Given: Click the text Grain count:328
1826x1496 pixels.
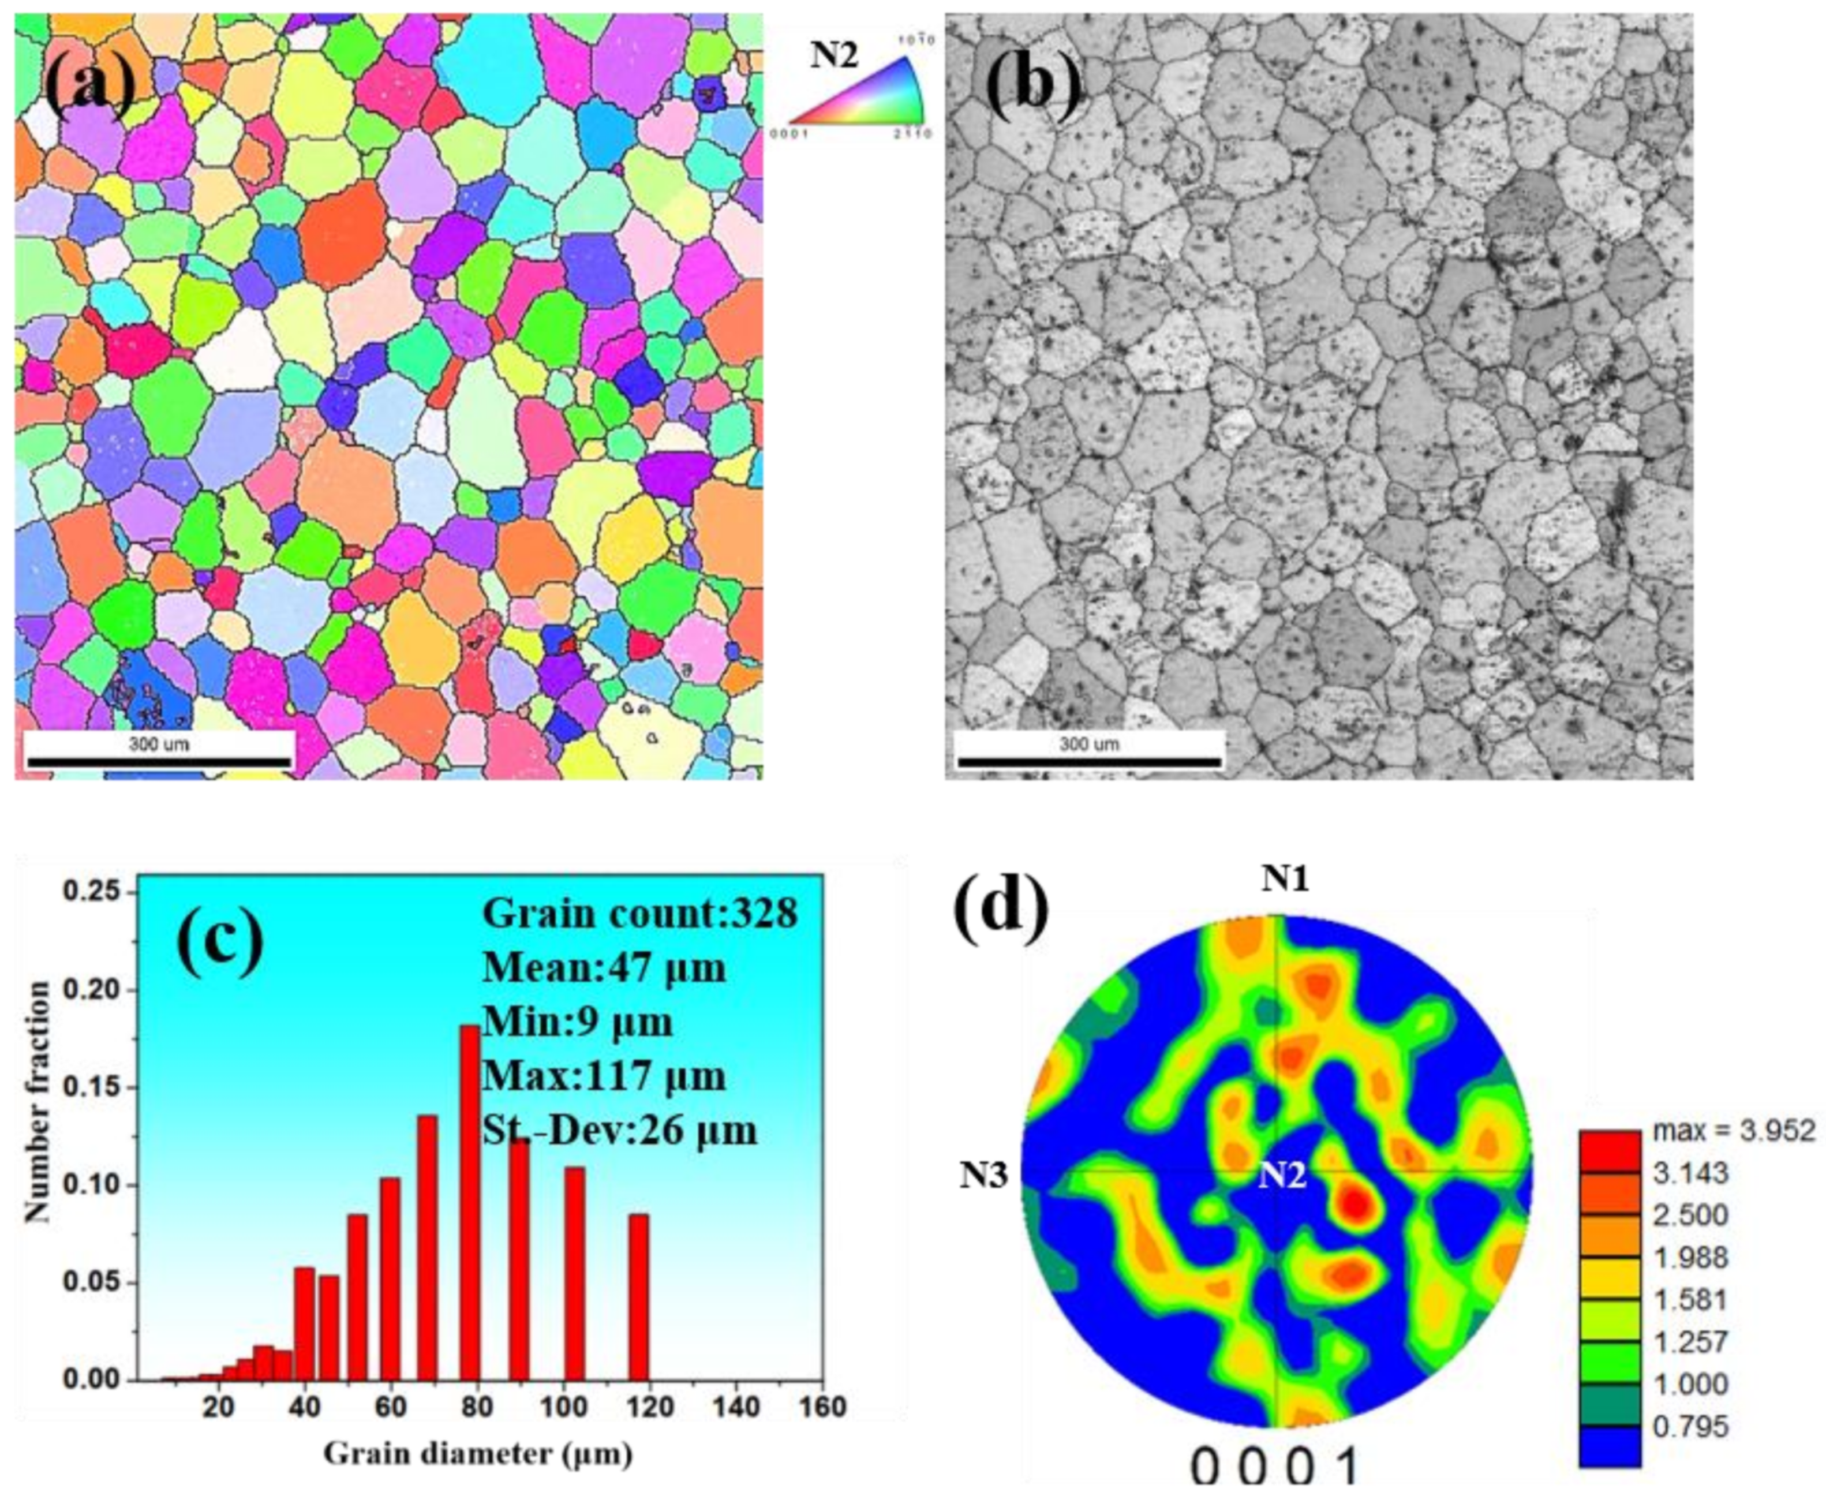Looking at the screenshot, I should click(639, 912).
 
